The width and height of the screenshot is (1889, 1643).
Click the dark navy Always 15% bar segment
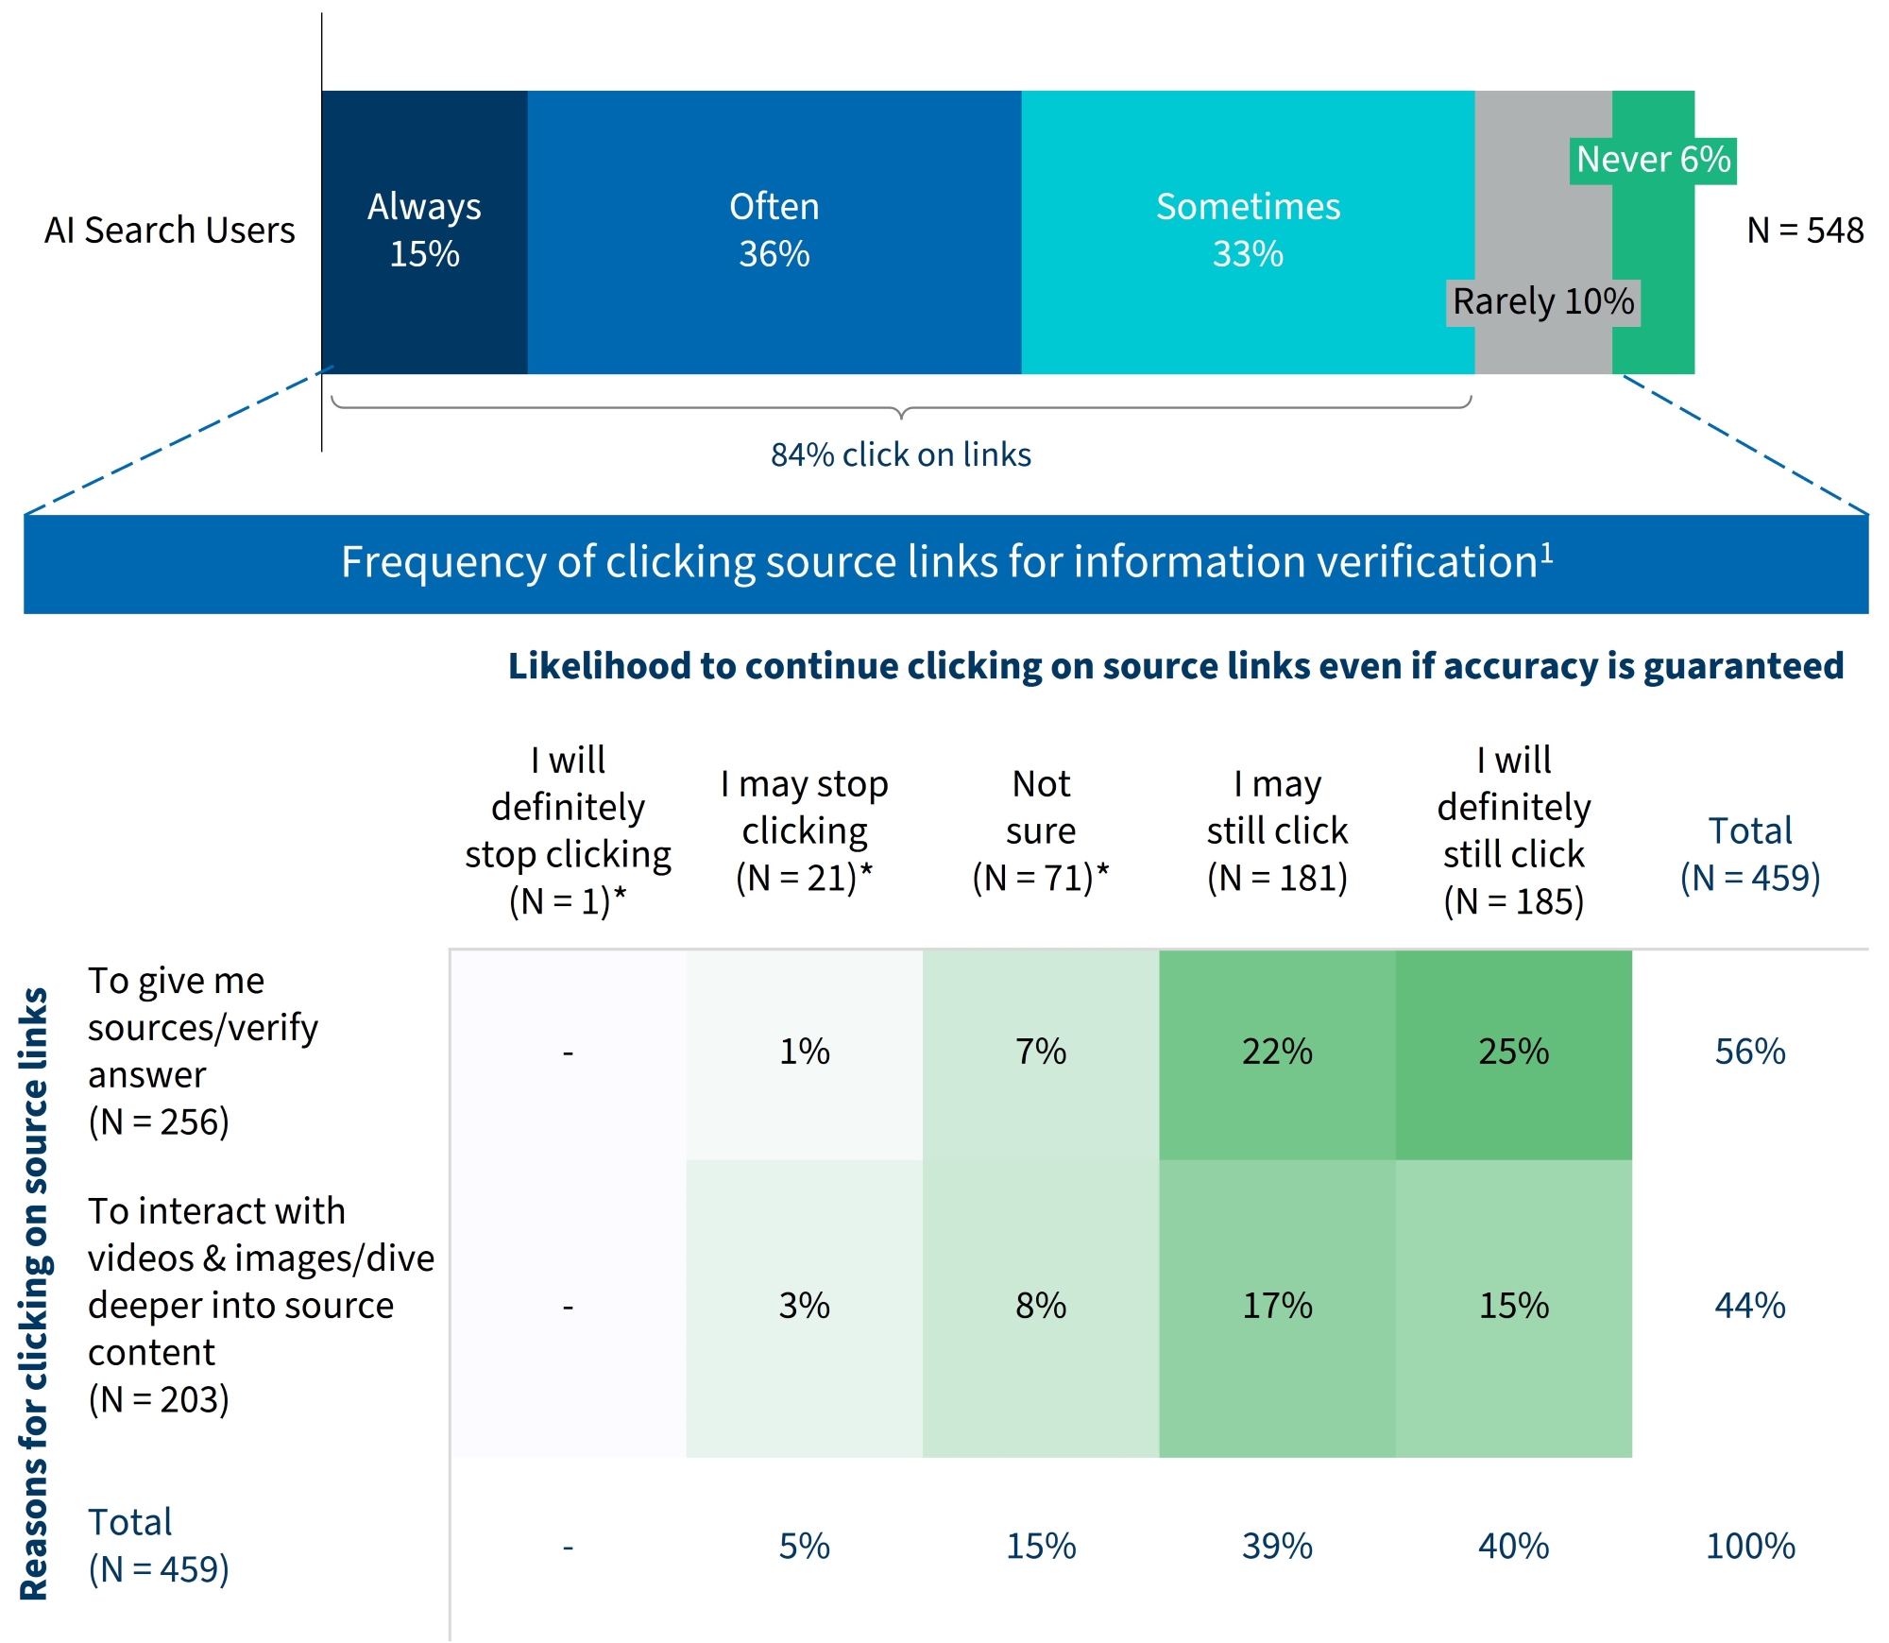tap(424, 231)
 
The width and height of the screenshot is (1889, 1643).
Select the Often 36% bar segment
tap(774, 231)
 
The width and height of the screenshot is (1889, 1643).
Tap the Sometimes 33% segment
tap(1248, 231)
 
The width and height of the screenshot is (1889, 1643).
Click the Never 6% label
tap(1653, 160)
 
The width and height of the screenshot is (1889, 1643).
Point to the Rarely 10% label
tap(1542, 302)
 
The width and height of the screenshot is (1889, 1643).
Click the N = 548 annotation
tap(1804, 231)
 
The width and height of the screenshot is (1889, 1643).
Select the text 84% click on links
tap(900, 455)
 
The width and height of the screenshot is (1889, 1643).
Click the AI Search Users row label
tap(170, 231)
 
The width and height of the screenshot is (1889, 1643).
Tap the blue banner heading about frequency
tap(945, 563)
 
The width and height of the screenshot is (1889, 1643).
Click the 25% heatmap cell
tap(1513, 1053)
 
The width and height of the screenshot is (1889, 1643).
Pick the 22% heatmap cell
tap(1277, 1053)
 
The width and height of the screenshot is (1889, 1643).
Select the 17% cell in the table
tap(1277, 1307)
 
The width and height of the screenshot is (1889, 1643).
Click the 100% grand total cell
tap(1749, 1547)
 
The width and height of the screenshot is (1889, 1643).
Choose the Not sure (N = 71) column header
tap(1040, 830)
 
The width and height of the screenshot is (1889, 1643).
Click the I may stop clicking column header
tap(804, 830)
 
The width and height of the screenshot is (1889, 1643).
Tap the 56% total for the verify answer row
tap(1749, 1053)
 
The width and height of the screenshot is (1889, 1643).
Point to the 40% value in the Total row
tap(1513, 1547)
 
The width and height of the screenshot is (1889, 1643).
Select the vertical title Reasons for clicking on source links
tap(34, 1293)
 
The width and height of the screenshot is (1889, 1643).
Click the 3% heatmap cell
tap(804, 1307)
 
